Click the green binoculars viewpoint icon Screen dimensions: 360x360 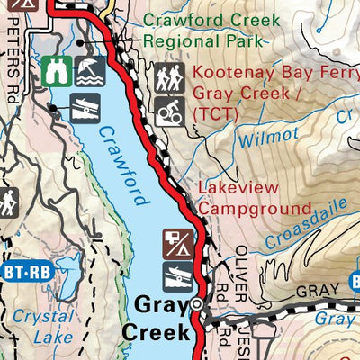(55, 69)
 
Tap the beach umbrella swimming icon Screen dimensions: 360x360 (87, 69)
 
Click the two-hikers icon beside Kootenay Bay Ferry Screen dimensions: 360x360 (167, 78)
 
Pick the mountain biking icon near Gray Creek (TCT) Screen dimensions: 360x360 (167, 111)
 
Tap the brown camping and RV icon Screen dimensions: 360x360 (176, 244)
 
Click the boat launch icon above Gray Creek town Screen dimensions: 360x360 (176, 275)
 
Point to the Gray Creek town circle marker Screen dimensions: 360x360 (197, 305)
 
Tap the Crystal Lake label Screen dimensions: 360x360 (36, 327)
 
